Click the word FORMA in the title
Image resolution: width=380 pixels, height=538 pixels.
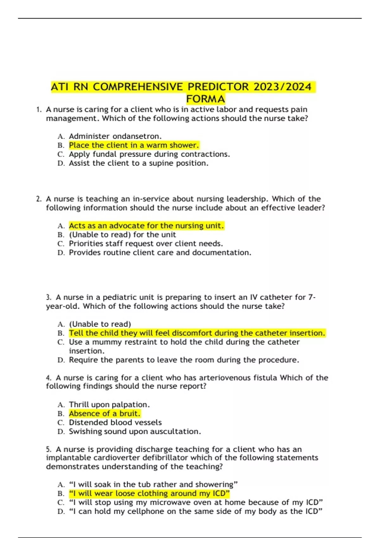click(x=206, y=99)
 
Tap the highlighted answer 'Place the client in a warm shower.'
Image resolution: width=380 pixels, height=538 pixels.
click(x=134, y=145)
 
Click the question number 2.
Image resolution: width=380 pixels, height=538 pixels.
click(x=39, y=199)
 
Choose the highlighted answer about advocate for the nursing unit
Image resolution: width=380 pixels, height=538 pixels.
click(x=146, y=226)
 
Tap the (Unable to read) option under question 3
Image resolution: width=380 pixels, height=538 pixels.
click(x=100, y=324)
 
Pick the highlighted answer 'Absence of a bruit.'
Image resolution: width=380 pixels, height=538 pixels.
click(x=104, y=414)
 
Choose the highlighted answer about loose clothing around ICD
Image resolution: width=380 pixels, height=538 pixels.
click(x=149, y=494)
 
